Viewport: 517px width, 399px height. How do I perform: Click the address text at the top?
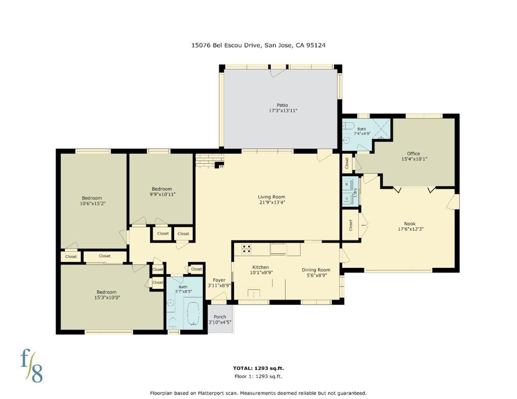(x=258, y=45)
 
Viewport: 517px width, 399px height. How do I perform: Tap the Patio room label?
(x=282, y=105)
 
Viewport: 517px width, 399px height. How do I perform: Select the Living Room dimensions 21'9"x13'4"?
(x=271, y=202)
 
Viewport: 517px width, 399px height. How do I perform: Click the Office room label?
(x=413, y=153)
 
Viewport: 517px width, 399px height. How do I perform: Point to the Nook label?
(x=410, y=223)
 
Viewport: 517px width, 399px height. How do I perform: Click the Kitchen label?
(x=261, y=267)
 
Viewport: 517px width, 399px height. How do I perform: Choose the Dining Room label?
(x=316, y=270)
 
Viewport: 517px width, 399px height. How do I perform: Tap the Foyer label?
(x=219, y=280)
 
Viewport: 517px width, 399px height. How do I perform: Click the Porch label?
(x=220, y=317)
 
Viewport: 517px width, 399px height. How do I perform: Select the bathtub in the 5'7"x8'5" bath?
(x=194, y=314)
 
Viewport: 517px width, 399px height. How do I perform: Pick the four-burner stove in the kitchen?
(x=246, y=249)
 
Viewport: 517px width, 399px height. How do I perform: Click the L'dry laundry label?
(x=355, y=192)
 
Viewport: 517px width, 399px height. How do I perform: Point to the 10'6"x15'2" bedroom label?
(x=92, y=201)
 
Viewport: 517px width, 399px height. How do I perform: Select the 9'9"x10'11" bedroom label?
(x=162, y=191)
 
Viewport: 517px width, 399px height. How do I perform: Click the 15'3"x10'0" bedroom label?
(x=107, y=295)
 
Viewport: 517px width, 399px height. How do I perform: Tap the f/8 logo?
(x=32, y=366)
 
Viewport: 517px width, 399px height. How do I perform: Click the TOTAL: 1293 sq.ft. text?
(x=258, y=368)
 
